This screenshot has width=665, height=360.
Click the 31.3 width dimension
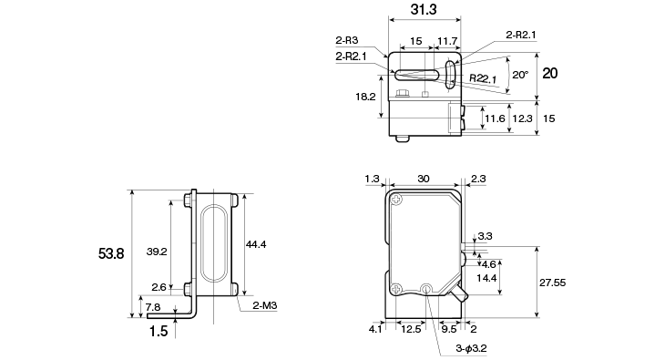424,10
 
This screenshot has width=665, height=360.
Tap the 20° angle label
520,75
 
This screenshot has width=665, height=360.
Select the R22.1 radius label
483,78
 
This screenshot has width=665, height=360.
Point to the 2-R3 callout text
347,40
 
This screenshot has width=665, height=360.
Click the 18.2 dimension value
365,97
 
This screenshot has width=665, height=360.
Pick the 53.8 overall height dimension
111,254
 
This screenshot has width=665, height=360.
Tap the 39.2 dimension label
157,252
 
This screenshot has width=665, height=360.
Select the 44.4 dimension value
256,244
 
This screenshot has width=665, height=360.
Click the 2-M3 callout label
265,305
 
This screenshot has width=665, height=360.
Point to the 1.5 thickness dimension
159,331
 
